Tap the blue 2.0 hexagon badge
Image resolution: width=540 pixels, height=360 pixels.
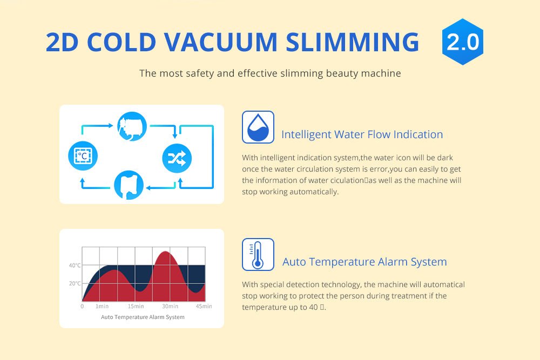(x=462, y=42)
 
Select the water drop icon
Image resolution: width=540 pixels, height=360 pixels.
(x=258, y=127)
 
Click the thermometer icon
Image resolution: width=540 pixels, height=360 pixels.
(x=258, y=254)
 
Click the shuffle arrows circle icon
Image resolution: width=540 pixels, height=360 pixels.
(x=177, y=158)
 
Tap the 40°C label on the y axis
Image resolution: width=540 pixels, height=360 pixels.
(x=75, y=266)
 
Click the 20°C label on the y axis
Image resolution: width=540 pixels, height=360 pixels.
(x=75, y=283)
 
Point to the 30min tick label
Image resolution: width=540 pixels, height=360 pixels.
(x=170, y=307)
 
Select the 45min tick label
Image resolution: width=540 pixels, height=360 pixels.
(x=204, y=307)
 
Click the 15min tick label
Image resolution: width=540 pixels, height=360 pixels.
(x=136, y=307)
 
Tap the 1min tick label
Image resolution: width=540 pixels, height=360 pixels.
(x=102, y=307)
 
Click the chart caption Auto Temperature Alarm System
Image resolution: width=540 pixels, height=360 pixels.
(x=143, y=317)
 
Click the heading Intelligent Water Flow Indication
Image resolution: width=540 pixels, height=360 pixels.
(x=362, y=134)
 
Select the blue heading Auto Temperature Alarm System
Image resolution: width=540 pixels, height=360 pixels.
(x=364, y=262)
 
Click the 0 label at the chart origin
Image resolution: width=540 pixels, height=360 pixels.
(x=82, y=307)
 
